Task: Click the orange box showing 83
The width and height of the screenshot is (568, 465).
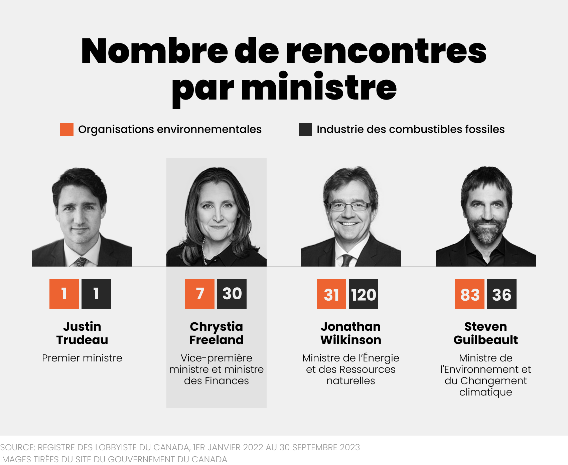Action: [x=469, y=294]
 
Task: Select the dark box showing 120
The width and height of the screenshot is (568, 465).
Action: [x=364, y=294]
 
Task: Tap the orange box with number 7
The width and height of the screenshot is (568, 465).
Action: [x=199, y=294]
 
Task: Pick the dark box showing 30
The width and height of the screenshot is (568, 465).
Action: [x=232, y=294]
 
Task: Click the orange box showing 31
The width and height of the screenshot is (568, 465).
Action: [x=331, y=294]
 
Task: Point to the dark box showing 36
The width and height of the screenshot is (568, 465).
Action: [x=502, y=294]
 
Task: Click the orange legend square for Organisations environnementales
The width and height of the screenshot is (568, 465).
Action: [x=66, y=130]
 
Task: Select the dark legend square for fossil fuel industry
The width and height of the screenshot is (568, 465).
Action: [x=305, y=130]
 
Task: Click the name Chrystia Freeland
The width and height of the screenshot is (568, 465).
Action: [x=217, y=333]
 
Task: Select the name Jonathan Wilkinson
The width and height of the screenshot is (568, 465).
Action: [x=351, y=333]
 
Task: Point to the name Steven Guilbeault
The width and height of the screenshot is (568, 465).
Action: [x=485, y=333]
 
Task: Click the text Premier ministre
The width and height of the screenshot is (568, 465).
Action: [x=82, y=358]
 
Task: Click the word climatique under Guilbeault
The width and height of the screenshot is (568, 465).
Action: [x=485, y=392]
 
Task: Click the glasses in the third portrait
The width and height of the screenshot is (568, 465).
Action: [x=350, y=206]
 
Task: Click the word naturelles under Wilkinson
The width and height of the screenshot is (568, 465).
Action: [x=351, y=381]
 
